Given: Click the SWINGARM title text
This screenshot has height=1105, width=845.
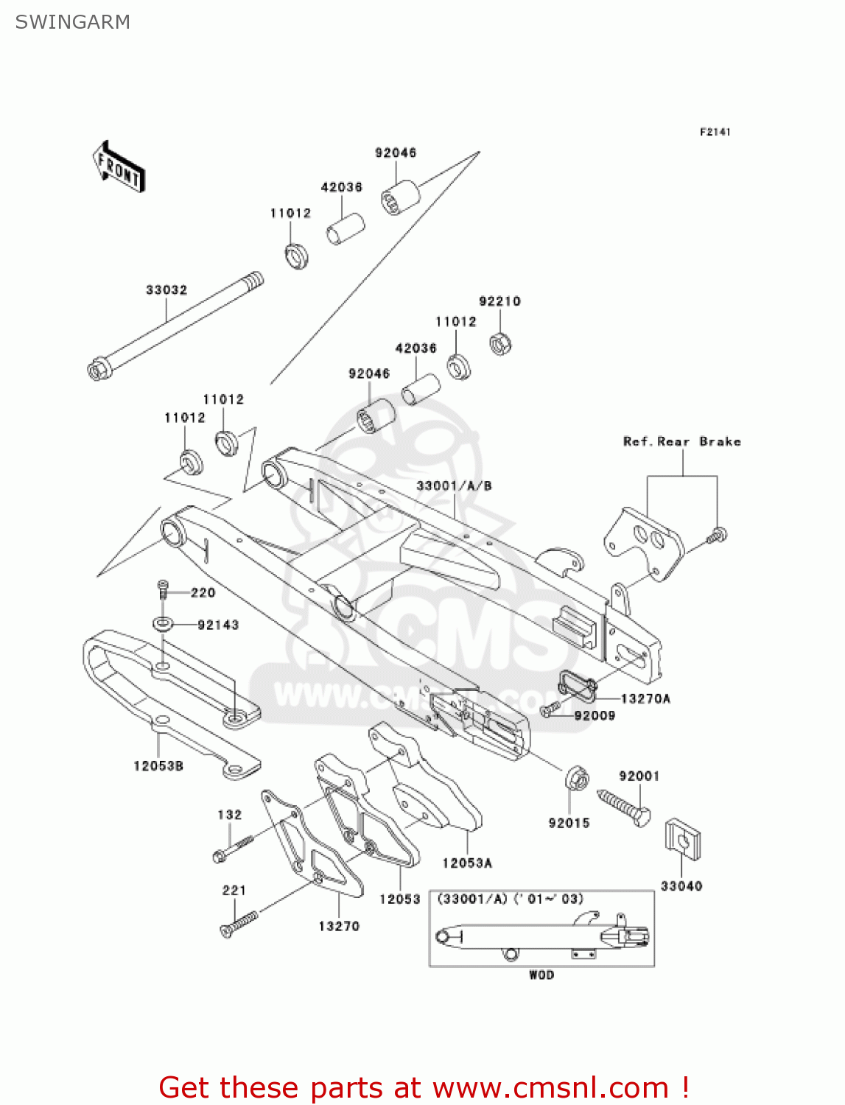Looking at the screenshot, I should click(72, 22).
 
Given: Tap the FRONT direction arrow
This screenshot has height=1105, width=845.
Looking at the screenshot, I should click(119, 167).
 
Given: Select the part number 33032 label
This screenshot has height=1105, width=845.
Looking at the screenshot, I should click(166, 290).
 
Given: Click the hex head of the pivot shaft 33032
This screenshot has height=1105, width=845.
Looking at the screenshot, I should click(97, 369).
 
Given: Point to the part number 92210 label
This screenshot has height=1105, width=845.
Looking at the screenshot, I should click(499, 301).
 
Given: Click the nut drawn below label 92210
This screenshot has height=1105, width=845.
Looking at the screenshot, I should click(501, 344).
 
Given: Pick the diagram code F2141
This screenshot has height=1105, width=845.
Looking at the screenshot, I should click(715, 132).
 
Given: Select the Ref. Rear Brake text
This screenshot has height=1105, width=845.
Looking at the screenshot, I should click(681, 441).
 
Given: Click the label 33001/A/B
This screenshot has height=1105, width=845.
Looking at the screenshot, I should click(454, 485).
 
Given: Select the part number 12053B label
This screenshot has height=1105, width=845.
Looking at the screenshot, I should click(158, 765).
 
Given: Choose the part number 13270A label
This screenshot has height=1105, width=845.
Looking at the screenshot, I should click(645, 698).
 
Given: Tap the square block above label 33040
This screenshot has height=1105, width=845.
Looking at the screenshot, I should click(682, 839).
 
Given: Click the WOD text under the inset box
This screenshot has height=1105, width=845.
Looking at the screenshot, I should click(541, 975).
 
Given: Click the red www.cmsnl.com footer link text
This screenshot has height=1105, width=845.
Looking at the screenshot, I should click(550, 1087).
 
